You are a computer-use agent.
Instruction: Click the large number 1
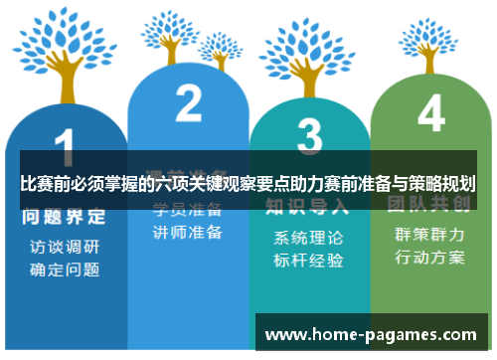(x=63, y=147)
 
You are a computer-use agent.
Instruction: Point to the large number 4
(x=430, y=114)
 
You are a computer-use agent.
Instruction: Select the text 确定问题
(x=64, y=270)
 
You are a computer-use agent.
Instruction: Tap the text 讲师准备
(x=187, y=232)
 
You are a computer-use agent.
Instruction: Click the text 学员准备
(x=187, y=210)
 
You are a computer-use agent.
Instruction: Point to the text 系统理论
(x=309, y=239)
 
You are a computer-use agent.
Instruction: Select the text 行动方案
(x=430, y=257)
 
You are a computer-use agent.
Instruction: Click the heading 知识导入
(x=307, y=207)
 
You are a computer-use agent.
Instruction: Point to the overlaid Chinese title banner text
(x=248, y=184)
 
